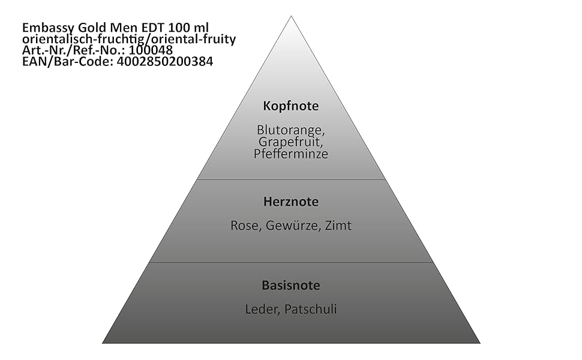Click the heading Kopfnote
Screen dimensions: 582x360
(291, 106)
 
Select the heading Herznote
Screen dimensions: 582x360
(291, 202)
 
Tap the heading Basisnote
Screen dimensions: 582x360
(291, 285)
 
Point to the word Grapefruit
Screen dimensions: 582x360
(290, 142)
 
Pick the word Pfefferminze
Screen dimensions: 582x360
(291, 154)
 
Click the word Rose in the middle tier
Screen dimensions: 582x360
(244, 226)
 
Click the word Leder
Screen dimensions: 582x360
(262, 310)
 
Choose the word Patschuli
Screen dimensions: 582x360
(311, 310)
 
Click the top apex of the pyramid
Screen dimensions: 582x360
(292, 17)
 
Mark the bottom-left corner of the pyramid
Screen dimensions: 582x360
(103, 343)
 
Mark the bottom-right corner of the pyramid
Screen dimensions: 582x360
(479, 343)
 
